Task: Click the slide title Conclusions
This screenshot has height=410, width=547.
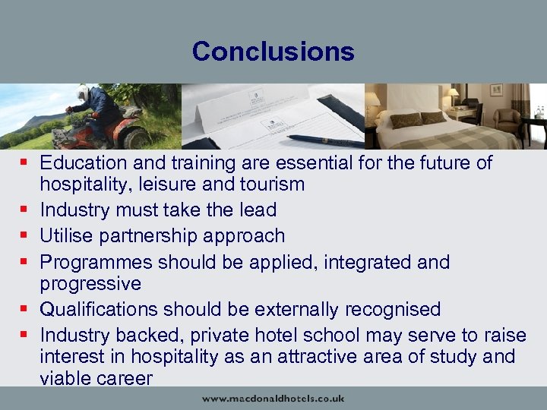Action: tap(273, 51)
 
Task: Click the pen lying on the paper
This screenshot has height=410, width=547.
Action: tap(326, 140)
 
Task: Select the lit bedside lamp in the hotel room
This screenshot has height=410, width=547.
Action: tap(453, 95)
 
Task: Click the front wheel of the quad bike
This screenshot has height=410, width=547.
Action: tap(138, 138)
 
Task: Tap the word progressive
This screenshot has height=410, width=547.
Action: tap(90, 283)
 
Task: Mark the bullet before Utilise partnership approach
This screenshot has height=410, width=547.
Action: tap(25, 235)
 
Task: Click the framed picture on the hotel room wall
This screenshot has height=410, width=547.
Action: tap(496, 90)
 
